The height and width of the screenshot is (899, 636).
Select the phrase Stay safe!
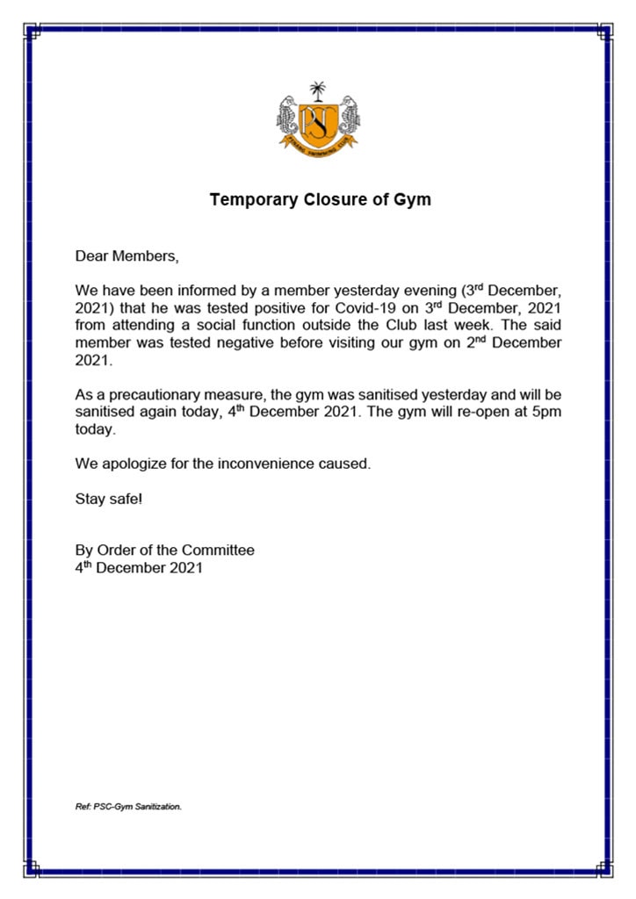(x=109, y=499)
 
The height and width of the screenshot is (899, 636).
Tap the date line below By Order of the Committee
(x=139, y=567)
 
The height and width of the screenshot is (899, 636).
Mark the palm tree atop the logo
(x=317, y=90)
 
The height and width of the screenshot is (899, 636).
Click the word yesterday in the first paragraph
(x=351, y=291)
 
